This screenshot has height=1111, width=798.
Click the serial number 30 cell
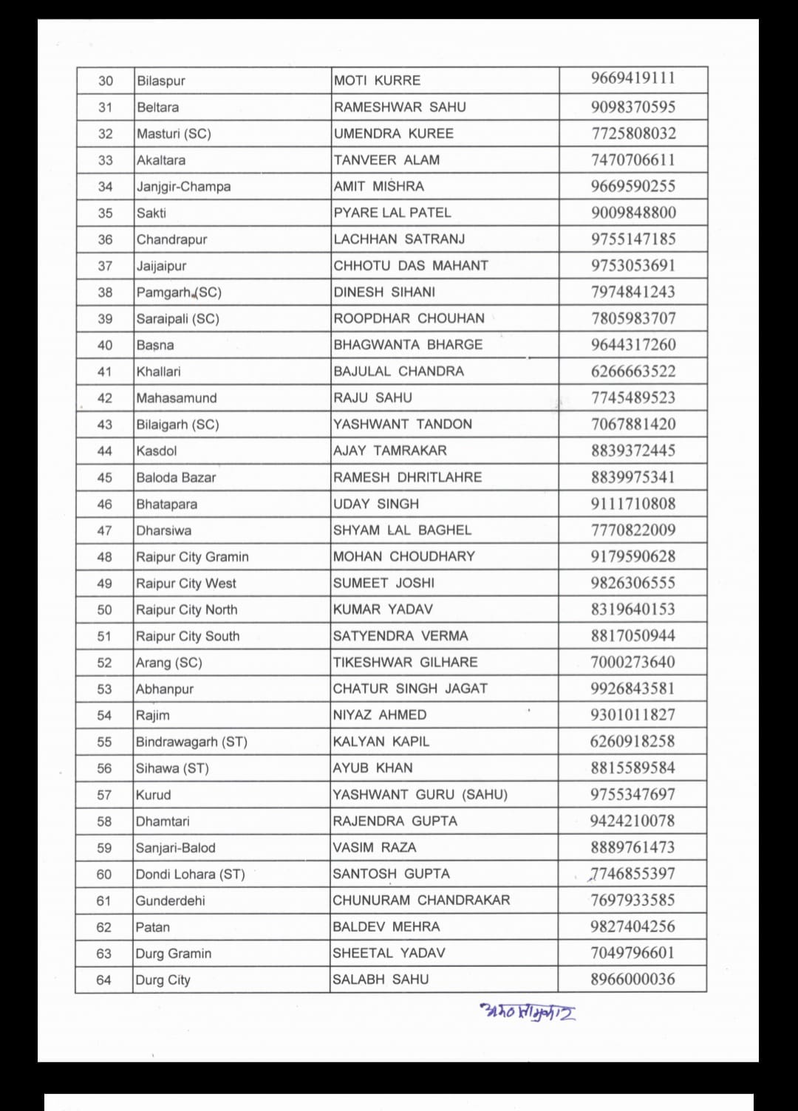106,81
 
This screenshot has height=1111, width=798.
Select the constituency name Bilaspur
161,81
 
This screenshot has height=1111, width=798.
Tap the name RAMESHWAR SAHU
400,107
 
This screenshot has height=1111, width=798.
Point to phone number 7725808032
633,134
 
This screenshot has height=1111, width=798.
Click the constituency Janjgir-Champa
183,187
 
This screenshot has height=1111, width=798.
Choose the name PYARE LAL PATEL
392,213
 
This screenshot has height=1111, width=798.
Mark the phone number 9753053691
633,265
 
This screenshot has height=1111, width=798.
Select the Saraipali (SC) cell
178,319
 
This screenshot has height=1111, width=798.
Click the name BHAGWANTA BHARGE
408,345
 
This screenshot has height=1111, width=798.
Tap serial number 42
105,398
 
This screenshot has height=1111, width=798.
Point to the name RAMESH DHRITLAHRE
407,477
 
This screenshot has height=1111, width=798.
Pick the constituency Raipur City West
186,584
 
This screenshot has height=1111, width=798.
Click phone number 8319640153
632,609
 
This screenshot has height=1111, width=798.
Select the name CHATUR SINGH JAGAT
410,688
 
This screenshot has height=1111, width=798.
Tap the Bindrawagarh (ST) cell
191,742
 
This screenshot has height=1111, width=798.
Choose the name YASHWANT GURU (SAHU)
420,795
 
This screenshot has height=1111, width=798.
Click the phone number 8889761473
632,847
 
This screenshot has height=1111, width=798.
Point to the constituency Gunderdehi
171,900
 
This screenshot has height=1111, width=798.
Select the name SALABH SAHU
381,980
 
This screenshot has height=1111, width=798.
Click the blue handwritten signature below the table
528,1011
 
